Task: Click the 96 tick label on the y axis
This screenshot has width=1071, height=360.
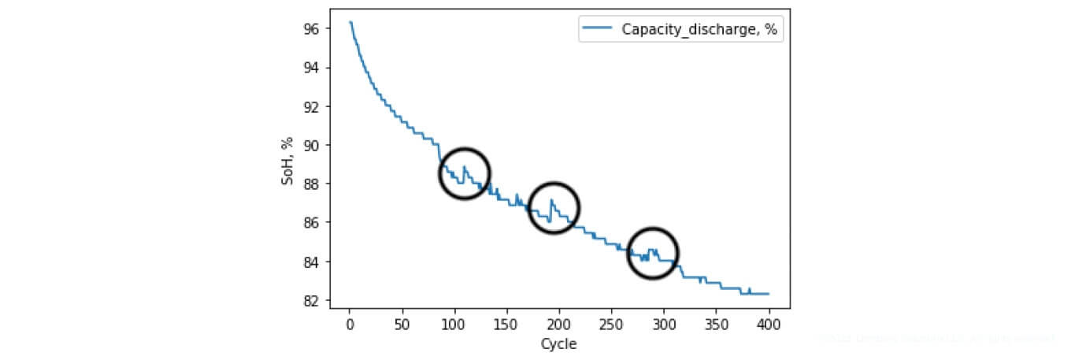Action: click(311, 29)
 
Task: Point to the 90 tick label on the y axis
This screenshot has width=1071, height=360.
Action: click(311, 146)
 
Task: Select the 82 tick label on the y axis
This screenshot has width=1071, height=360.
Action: click(311, 301)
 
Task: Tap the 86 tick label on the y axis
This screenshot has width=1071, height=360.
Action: click(311, 223)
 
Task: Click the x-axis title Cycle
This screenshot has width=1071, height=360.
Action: click(558, 344)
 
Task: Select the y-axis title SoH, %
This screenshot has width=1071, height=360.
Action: click(287, 161)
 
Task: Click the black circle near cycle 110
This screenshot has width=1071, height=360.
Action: click(465, 173)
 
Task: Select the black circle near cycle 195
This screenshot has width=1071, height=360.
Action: click(554, 207)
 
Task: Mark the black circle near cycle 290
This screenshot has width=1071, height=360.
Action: click(653, 253)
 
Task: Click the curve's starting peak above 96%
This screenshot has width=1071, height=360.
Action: click(350, 22)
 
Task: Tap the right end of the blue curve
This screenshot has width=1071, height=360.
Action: click(769, 294)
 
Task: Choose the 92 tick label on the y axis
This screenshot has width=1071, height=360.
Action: click(311, 107)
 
